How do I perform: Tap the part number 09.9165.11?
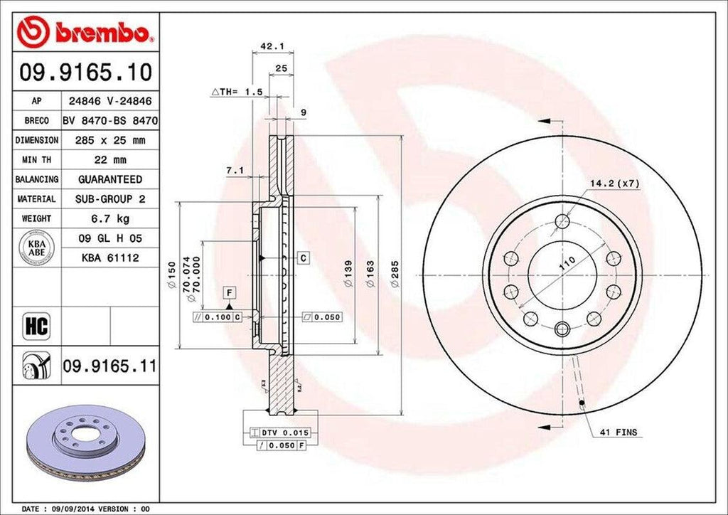[109, 367]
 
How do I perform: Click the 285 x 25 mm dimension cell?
[109, 141]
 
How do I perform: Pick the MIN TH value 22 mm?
[109, 160]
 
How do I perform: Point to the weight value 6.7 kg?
[109, 218]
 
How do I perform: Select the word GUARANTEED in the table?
[109, 179]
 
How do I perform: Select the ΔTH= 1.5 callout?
[237, 92]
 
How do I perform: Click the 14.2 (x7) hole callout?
[614, 184]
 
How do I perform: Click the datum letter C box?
[302, 257]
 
